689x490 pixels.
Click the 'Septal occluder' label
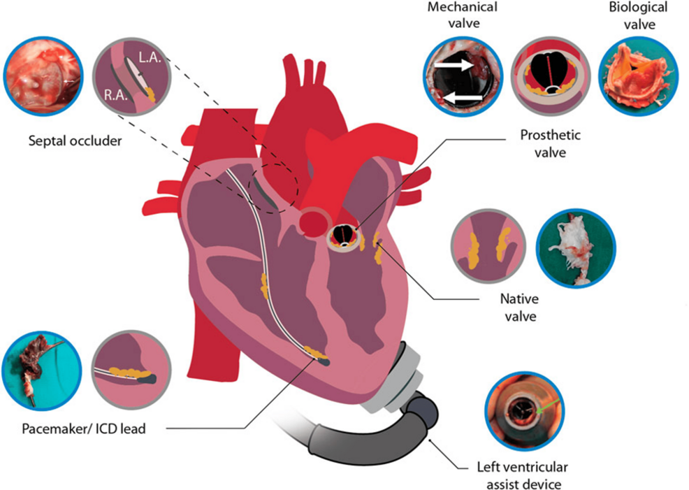pyautogui.click(x=75, y=141)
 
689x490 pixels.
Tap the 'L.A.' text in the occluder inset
pyautogui.click(x=150, y=57)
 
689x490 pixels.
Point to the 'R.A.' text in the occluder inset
pyautogui.click(x=115, y=95)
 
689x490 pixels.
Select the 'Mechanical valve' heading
pyautogui.click(x=463, y=15)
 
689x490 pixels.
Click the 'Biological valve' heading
pyautogui.click(x=638, y=15)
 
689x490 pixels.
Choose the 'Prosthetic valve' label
pyautogui.click(x=550, y=144)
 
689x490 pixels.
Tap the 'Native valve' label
pyautogui.click(x=520, y=308)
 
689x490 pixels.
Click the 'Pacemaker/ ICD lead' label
pyautogui.click(x=83, y=428)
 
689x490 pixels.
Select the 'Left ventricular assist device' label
pyautogui.click(x=523, y=475)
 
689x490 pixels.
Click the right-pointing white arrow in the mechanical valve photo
pyautogui.click(x=454, y=65)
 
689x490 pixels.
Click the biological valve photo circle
pyautogui.click(x=638, y=76)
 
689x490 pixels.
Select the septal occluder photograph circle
pyautogui.click(x=43, y=76)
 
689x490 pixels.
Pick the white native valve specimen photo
pyautogui.click(x=576, y=248)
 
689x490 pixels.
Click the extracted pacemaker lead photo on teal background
pyautogui.click(x=42, y=370)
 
